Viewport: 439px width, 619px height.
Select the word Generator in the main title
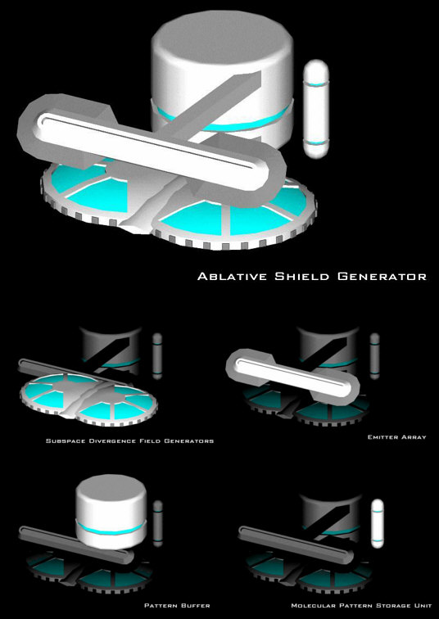(382, 276)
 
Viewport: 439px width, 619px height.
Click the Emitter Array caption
(396, 437)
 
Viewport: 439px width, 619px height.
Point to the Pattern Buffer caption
(177, 605)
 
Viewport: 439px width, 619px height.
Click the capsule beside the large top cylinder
(316, 109)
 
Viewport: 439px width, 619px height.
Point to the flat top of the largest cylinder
(222, 36)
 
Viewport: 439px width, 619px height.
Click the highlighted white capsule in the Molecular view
(378, 523)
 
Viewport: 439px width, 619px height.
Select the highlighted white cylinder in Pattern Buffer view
(111, 512)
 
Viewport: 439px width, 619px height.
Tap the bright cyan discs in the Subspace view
(88, 400)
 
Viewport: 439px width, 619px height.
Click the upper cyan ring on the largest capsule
(316, 84)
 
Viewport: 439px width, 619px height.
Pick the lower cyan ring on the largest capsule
(316, 142)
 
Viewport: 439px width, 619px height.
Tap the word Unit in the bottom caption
(418, 605)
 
